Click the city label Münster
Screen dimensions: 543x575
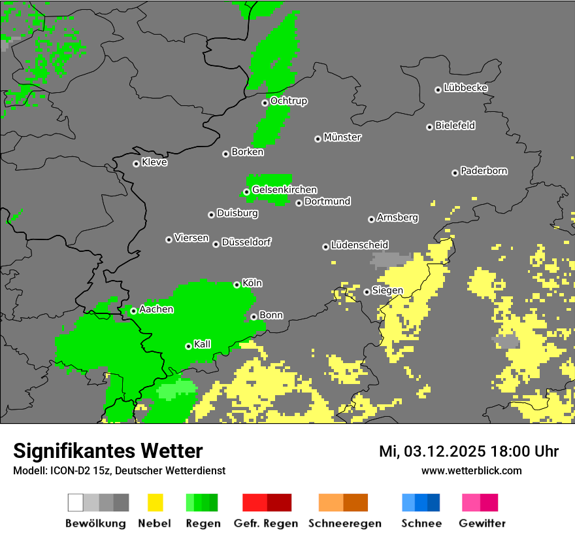pos(342,137)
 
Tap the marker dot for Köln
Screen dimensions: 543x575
pos(237,285)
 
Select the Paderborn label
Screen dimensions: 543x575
pos(484,171)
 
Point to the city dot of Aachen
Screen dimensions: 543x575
pos(133,311)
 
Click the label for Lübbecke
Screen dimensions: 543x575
pos(466,88)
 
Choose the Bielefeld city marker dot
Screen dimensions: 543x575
pos(429,127)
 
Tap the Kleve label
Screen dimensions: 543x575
pos(155,162)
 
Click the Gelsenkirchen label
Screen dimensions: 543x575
pos(284,190)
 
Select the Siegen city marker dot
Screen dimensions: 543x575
pos(367,292)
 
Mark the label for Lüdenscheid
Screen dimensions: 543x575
pos(360,245)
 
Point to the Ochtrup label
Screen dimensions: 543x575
pos(289,101)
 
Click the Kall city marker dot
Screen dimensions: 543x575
pos(188,346)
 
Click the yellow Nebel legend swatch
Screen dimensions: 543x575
pos(155,502)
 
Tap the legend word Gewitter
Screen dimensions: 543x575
pos(482,523)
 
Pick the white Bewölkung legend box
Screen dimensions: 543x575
pos(76,502)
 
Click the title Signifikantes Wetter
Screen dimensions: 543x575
pos(108,451)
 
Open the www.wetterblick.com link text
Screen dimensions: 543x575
pos(472,470)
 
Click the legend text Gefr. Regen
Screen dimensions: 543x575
pos(266,523)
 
